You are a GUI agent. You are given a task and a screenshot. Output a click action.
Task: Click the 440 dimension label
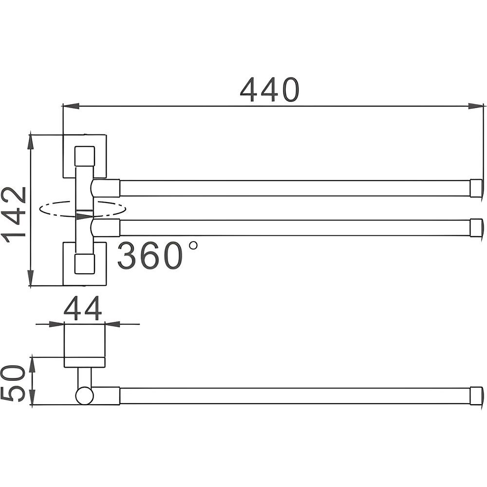tap(270, 90)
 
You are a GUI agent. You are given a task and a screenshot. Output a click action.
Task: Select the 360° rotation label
tap(157, 255)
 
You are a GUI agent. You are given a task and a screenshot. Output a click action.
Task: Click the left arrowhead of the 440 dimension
tap(71, 106)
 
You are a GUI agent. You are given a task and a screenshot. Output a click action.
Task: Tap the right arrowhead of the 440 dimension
tap(476, 106)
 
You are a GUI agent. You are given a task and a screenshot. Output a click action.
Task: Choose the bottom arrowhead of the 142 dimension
tap(30, 278)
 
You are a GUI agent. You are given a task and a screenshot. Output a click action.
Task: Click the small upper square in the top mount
tap(84, 156)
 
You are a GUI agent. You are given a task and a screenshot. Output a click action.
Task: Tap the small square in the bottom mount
tap(84, 264)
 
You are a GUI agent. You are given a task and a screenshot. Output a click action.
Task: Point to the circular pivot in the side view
tap(84, 395)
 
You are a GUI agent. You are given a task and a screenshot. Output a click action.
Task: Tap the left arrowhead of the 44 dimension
tap(56, 324)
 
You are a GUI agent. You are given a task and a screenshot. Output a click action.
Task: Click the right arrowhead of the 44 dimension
tap(112, 324)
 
